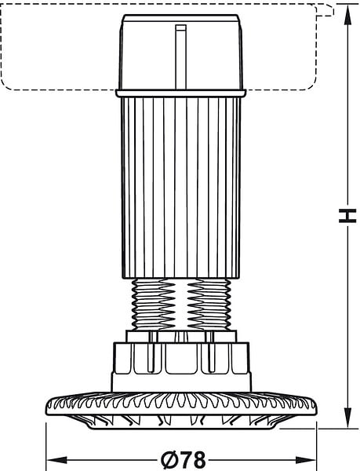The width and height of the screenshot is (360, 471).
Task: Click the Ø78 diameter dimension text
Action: coord(184,460)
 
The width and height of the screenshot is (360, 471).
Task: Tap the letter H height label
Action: coord(347,215)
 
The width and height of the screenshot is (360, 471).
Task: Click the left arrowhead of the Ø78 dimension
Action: coord(57,459)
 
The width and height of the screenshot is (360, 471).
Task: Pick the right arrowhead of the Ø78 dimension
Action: coord(306,459)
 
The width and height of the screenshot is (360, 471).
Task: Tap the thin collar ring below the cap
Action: coord(181,93)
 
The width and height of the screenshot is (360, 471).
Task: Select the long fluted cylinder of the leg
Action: coord(181,188)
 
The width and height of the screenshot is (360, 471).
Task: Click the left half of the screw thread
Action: coord(154,305)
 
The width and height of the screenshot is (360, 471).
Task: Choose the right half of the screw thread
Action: coord(209,305)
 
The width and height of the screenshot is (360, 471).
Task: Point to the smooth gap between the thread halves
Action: coord(181,305)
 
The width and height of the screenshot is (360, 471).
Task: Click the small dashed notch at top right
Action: coord(325,10)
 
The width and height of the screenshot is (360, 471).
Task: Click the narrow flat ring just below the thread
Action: coord(181,337)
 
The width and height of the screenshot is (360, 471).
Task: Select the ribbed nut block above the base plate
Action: coord(181,367)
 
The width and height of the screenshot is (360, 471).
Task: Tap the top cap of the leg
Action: coord(181,52)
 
